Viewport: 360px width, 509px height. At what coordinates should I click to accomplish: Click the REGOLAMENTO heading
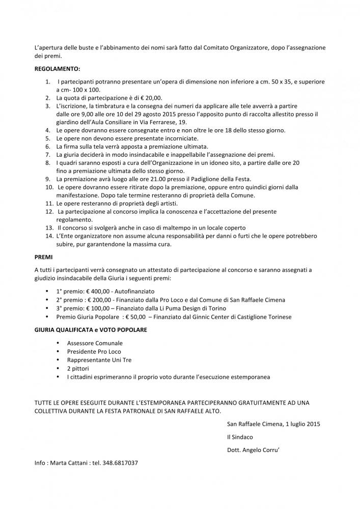coord(58,68)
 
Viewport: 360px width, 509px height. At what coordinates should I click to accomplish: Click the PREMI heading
coord(44,258)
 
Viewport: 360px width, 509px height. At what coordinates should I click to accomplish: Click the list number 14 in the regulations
coord(49,236)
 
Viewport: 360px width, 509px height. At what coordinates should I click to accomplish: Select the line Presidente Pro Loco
coord(94,351)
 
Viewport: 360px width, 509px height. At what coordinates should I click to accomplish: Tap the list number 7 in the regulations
coord(47,154)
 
